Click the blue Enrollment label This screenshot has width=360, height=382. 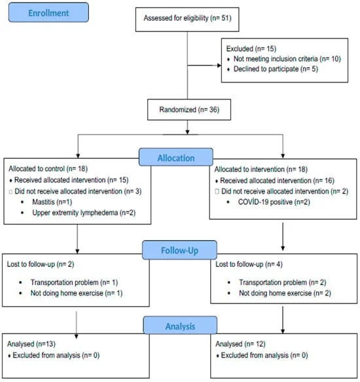tap(48, 12)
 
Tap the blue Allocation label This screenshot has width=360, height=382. tap(176, 158)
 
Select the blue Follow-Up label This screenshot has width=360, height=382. tap(179, 250)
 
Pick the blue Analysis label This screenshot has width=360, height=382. tap(180, 326)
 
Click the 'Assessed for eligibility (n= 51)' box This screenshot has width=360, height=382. tap(187, 20)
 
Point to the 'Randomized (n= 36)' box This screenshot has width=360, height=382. tap(189, 110)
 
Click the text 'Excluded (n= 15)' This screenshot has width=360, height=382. tap(251, 48)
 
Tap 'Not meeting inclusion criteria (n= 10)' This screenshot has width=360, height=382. tap(287, 59)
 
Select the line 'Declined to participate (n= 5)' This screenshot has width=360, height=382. tap(276, 69)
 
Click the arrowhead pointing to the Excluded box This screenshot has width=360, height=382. tap(219, 65)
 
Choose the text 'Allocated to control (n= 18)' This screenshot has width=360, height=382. tap(48, 169)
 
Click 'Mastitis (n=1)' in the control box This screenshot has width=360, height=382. tap(52, 202)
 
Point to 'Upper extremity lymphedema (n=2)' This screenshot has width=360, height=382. tap(84, 213)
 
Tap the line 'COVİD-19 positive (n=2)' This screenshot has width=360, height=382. tap(274, 202)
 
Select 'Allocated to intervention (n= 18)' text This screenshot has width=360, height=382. tap(261, 169)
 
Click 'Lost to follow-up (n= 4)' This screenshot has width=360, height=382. tap(249, 264)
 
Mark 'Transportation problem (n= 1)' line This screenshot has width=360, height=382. tap(74, 283)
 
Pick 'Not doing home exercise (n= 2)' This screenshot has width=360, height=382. tap(285, 293)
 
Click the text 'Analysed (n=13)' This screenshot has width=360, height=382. tap(31, 344)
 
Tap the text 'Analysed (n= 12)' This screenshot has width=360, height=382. tap(240, 344)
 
